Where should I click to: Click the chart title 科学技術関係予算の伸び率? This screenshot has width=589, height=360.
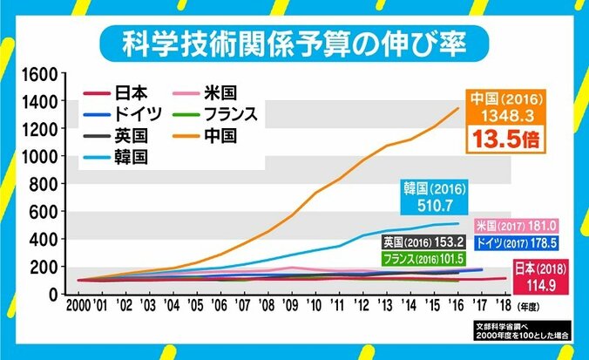[294, 40]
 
